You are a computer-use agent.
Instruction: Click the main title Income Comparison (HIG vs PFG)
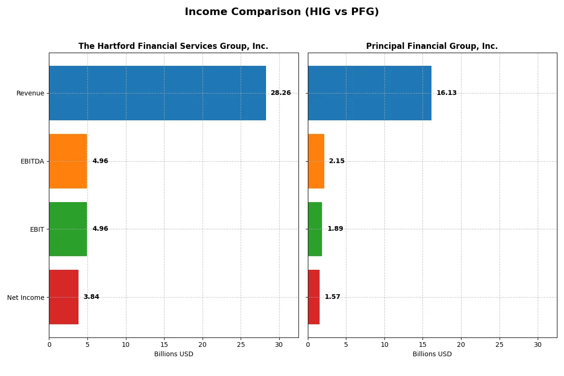(282, 12)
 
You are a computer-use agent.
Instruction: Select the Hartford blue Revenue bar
(157, 93)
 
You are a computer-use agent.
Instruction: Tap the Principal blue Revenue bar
(369, 93)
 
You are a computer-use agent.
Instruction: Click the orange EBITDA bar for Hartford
(68, 161)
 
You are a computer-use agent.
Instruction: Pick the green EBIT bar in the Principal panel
(315, 229)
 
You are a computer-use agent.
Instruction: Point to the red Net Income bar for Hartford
(64, 297)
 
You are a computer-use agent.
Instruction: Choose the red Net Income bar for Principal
(314, 297)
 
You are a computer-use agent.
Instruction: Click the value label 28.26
(281, 93)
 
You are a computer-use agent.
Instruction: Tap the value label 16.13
(446, 93)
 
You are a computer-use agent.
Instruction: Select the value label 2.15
(337, 161)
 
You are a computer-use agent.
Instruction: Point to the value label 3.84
(91, 297)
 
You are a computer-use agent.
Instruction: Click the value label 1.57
(332, 297)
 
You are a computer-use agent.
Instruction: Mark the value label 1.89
(335, 229)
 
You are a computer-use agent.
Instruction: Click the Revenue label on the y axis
(30, 93)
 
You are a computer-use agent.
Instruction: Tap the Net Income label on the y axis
(25, 298)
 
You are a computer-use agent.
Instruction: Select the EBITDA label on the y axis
(32, 161)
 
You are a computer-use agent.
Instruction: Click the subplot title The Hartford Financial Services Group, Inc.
(173, 47)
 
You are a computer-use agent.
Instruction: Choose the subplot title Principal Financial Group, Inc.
(432, 47)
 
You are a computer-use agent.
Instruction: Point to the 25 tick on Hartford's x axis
(241, 345)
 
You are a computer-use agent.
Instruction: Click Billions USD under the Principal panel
(432, 354)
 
